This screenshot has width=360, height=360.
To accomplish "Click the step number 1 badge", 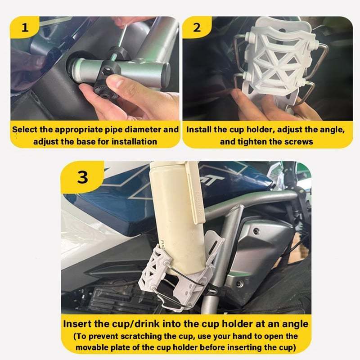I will (25, 27).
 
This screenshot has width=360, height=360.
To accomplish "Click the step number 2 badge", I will (197, 27).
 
